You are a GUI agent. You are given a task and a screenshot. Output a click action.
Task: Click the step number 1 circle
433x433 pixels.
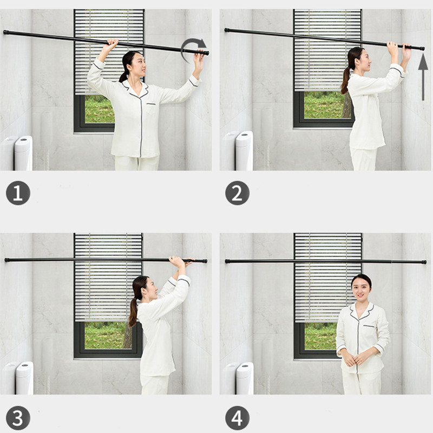18,193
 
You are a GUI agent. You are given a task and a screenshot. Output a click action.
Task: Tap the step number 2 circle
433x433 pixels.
237,193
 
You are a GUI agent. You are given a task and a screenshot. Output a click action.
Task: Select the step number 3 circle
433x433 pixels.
18,418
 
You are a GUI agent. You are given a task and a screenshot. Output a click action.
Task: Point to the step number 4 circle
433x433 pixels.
237,418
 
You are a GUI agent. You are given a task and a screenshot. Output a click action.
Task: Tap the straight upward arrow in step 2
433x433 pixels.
423,77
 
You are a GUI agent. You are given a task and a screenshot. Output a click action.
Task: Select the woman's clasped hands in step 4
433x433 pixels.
354,359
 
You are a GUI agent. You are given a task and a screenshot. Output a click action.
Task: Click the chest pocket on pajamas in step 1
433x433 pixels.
151,109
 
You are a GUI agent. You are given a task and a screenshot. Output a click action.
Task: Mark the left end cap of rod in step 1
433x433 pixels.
5,32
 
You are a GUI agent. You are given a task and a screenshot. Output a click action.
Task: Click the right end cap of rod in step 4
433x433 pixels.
424,262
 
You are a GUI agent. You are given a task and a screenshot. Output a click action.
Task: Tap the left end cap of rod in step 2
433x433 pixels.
227,30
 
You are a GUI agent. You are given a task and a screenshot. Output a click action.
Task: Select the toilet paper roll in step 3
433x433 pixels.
24,378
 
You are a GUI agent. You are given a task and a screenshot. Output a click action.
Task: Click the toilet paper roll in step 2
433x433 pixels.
244,151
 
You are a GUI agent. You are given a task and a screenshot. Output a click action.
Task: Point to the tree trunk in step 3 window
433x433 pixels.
128,336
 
